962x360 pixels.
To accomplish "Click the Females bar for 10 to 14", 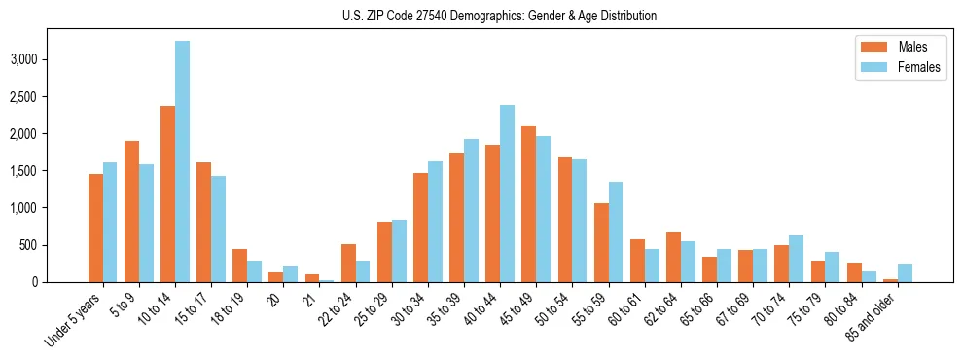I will point(183,162).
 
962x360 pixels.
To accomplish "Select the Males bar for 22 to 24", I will point(348,264).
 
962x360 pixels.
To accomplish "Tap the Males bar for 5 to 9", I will point(132,212).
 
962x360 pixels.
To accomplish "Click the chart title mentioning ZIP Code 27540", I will point(499,16).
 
